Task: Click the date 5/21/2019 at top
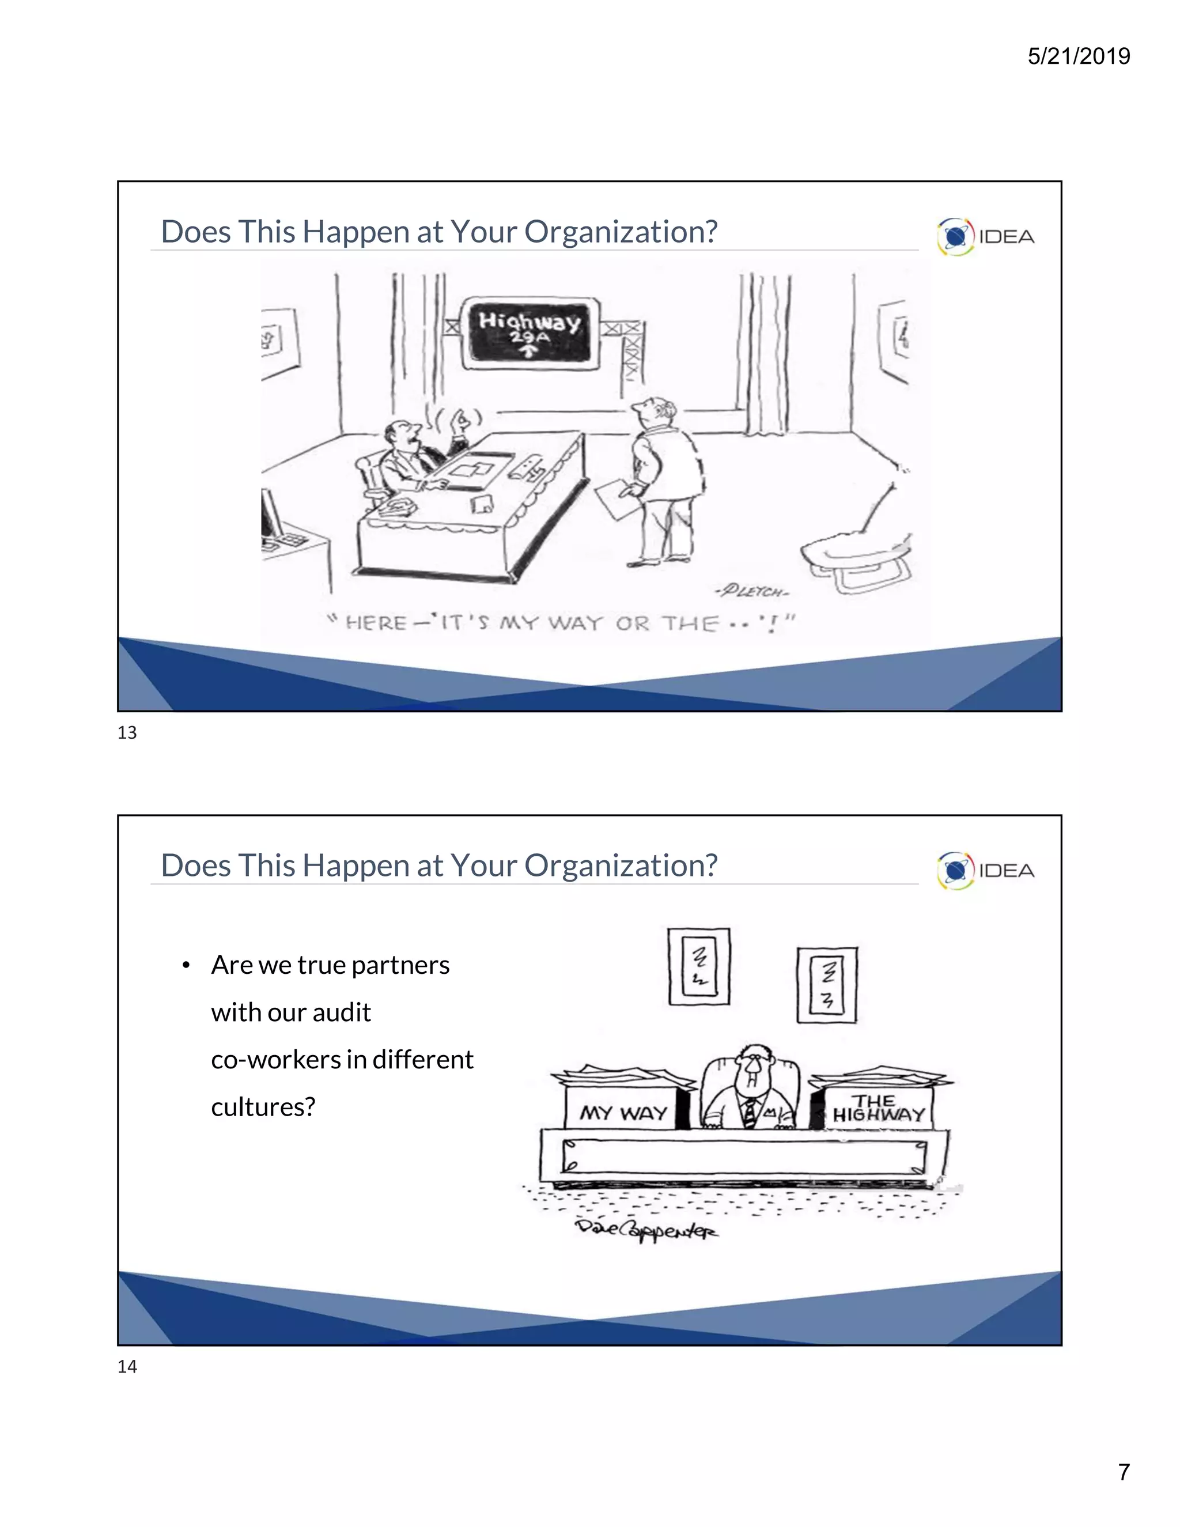pos(1078,56)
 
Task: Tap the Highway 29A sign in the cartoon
pos(530,331)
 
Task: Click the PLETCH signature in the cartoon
pos(751,592)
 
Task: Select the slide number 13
pos(127,733)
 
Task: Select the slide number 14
pos(127,1366)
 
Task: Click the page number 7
pos(1124,1472)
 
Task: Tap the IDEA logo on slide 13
pos(986,236)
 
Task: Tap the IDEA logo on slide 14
pos(986,871)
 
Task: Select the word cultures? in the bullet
pos(263,1107)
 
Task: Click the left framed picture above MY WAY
pos(698,966)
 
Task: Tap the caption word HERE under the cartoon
pos(376,623)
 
